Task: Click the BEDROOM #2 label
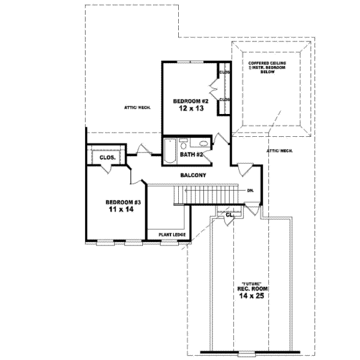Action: click(x=190, y=101)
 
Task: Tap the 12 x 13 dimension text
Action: click(x=190, y=109)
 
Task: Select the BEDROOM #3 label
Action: click(x=122, y=202)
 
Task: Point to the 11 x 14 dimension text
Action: click(x=122, y=211)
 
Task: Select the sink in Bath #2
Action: click(x=203, y=143)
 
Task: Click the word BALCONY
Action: click(x=193, y=175)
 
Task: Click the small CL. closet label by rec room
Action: click(x=229, y=214)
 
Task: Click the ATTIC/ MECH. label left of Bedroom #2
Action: click(x=137, y=107)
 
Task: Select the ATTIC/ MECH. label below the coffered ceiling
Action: click(x=280, y=151)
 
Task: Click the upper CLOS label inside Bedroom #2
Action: click(x=224, y=72)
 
